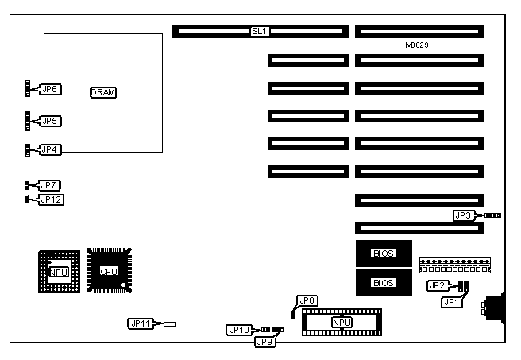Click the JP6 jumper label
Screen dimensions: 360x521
click(51, 90)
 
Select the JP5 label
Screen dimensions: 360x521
click(51, 121)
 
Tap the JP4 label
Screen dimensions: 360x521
click(51, 149)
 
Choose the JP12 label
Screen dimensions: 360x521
click(52, 199)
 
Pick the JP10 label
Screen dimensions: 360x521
click(238, 329)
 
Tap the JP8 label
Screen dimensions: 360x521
click(306, 300)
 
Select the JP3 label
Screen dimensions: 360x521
click(464, 215)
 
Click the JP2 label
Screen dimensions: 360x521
click(436, 285)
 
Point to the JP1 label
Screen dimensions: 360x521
click(451, 301)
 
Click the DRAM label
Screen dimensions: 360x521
click(103, 92)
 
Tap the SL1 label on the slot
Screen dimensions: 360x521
click(260, 32)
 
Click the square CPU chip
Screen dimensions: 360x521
click(109, 271)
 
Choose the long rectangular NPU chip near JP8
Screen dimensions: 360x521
click(342, 323)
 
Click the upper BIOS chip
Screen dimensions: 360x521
click(384, 254)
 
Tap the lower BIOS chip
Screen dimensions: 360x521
click(384, 282)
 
